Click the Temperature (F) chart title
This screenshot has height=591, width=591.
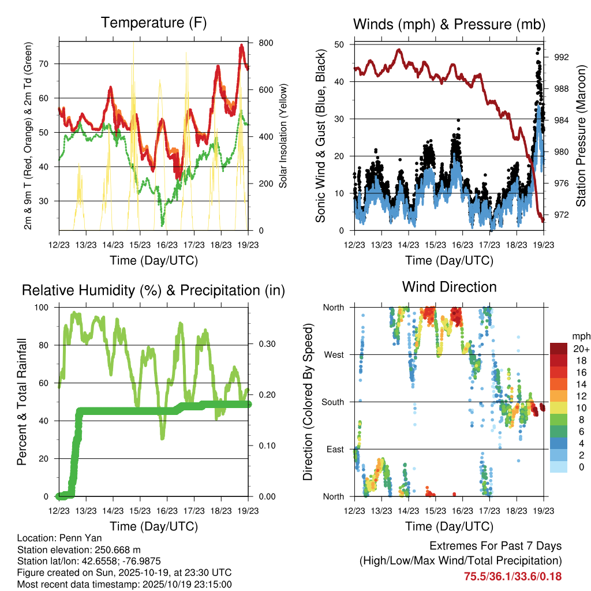[x=154, y=23]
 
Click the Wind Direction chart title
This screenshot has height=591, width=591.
[x=449, y=287]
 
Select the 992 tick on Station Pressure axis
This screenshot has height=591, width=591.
[x=561, y=57]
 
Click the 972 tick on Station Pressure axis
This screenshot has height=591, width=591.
[x=561, y=215]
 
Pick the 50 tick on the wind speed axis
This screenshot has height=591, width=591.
[x=340, y=44]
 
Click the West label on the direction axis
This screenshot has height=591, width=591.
[x=333, y=354]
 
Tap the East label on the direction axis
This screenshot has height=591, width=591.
[x=334, y=449]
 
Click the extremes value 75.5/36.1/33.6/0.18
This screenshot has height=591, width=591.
[x=513, y=576]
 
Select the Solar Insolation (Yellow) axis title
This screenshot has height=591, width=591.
[x=283, y=137]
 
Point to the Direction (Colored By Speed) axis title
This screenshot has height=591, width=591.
[x=308, y=402]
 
